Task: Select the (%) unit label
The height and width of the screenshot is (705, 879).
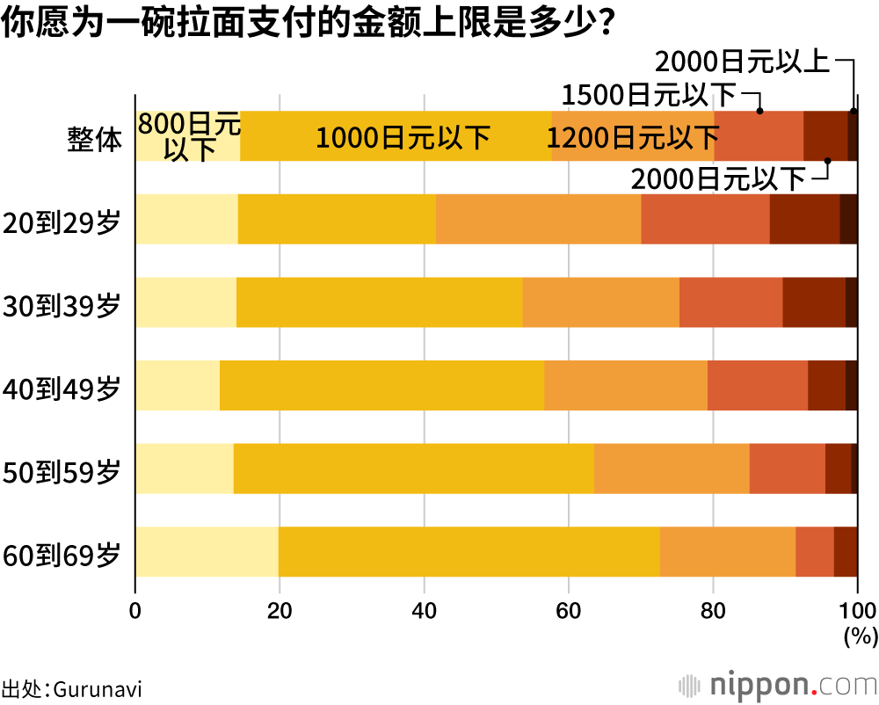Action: coord(860,636)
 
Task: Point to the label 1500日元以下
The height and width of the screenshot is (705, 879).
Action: coord(650,94)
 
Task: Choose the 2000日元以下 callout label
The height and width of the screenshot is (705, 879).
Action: coord(719,179)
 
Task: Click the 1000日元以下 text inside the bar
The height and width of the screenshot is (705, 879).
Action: coord(403,138)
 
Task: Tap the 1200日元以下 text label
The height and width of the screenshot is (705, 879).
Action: coord(633,138)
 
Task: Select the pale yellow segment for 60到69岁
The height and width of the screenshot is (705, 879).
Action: coord(207,552)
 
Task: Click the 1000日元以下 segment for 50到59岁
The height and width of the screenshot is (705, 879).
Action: coord(413,469)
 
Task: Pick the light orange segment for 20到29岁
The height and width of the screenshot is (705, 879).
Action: coord(538,219)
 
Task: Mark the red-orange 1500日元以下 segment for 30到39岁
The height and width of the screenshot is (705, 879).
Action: coord(730,302)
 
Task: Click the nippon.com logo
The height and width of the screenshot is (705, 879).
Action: coord(775,685)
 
